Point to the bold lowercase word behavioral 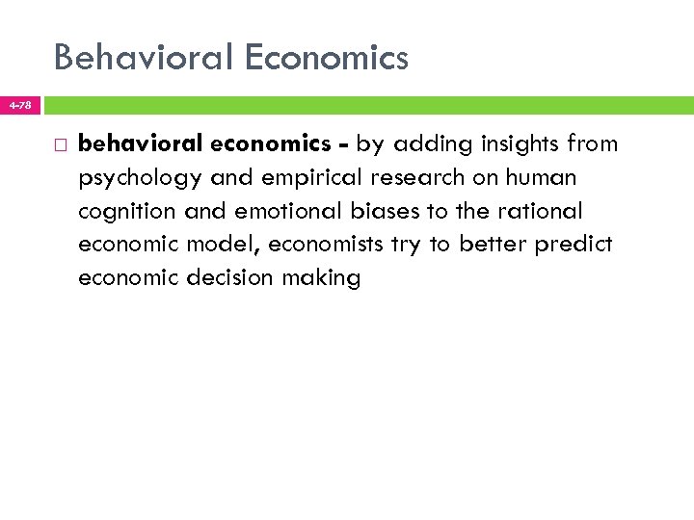[x=139, y=144]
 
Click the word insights [x=512, y=144]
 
